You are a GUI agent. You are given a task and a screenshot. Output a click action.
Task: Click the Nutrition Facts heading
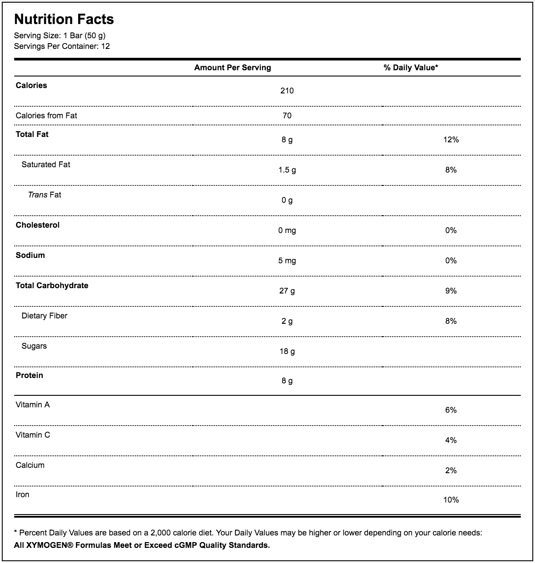point(64,19)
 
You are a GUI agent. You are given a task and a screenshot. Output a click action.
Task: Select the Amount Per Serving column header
point(232,68)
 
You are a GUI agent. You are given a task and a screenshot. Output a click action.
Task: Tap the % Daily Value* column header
point(411,68)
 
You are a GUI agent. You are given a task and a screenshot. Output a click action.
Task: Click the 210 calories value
point(287,91)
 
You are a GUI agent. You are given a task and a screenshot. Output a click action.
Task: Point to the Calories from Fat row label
point(46,116)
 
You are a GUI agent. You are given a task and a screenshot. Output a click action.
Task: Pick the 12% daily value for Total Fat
point(451,140)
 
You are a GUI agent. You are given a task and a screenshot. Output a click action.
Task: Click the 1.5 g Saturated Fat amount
point(287,170)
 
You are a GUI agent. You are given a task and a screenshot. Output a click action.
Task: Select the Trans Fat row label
point(44,195)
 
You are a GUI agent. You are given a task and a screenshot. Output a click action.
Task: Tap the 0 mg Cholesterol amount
point(287,230)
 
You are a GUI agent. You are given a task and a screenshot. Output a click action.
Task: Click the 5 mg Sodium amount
point(287,261)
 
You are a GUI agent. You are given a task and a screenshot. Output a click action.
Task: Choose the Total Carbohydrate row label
point(52,286)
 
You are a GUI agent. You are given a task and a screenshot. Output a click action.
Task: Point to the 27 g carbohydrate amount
point(287,291)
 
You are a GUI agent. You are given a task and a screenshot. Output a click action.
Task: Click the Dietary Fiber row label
point(44,316)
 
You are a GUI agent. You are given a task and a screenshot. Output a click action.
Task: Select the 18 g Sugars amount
point(287,351)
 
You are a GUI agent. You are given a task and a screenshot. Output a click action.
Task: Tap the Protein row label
point(29,375)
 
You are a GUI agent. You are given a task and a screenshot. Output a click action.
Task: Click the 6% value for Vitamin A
point(451,410)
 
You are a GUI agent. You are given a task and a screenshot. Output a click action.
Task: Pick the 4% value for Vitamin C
point(451,440)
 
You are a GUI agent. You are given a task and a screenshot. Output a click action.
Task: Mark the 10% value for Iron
point(451,500)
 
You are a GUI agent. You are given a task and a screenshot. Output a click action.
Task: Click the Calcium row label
point(30,465)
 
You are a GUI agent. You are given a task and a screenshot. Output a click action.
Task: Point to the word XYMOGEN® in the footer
point(49,545)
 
